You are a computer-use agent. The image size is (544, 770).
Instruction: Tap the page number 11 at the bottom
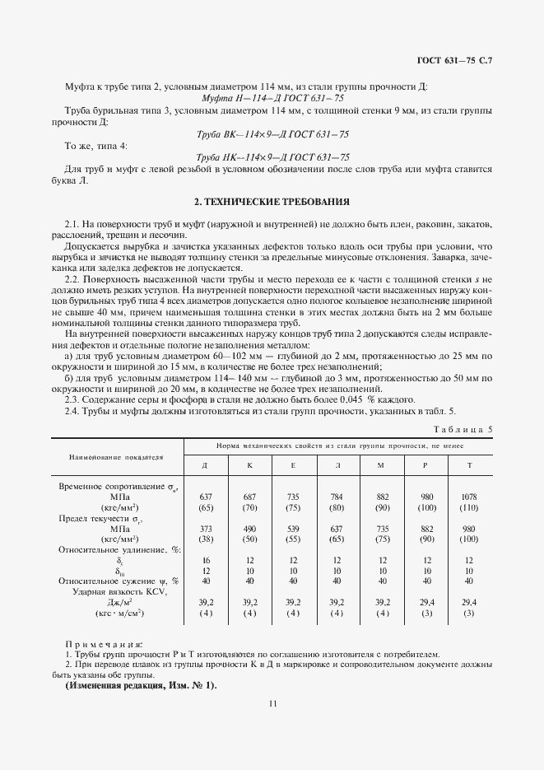272,702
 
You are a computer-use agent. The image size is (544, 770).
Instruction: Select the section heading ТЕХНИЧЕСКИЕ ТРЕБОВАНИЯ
272,201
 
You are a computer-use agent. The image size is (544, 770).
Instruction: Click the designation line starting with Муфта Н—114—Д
272,98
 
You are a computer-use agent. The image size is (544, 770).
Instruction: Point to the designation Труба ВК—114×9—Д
272,133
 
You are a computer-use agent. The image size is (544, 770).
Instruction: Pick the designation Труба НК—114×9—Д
272,156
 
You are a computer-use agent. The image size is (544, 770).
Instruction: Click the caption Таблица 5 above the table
467,428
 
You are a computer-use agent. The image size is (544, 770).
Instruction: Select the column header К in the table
249,466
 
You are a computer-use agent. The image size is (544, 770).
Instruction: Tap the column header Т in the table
470,466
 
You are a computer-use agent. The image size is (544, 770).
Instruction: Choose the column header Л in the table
337,466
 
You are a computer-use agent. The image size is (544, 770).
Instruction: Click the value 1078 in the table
470,497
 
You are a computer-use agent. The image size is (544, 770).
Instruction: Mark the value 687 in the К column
249,497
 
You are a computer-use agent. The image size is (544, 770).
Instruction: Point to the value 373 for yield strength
206,529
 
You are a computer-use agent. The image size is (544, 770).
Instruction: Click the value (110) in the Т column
470,507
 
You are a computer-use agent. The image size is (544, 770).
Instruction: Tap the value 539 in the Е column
293,529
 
